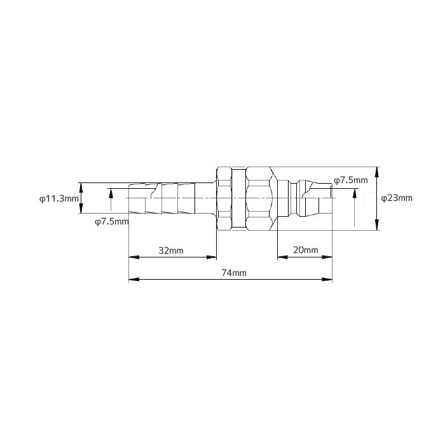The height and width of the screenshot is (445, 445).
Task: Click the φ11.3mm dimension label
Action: pos(58,198)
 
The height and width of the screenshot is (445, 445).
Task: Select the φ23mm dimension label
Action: pos(397,198)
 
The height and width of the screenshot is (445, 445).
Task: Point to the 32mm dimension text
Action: pos(171,250)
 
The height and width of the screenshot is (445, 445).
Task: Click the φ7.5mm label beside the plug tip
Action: pos(351,180)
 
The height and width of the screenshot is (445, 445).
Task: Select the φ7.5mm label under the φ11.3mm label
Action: pos(112,221)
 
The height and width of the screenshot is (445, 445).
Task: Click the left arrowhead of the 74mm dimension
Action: pos(134,279)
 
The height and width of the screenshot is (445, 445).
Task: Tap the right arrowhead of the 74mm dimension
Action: pos(327,279)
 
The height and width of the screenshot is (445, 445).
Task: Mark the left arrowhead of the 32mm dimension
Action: pos(134,257)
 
